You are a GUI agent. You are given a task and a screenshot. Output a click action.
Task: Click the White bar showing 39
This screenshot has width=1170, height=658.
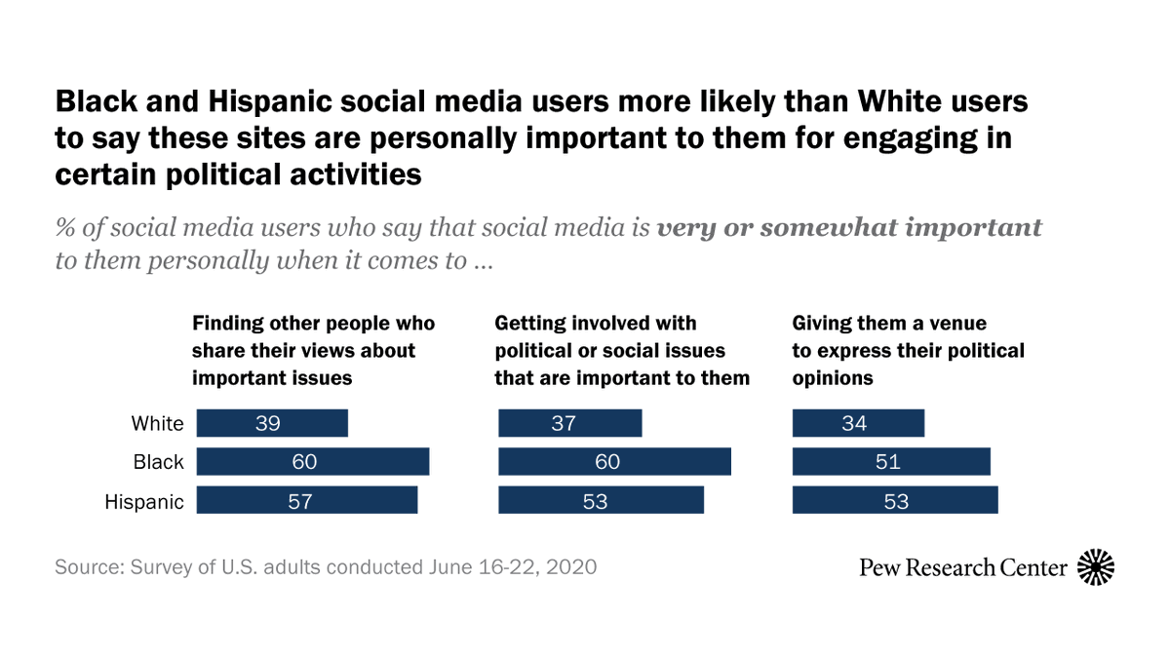pos(272,423)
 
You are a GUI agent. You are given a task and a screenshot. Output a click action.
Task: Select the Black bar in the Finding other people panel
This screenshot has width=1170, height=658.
pos(313,462)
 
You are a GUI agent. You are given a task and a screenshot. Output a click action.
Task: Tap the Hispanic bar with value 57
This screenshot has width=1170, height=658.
pos(307,501)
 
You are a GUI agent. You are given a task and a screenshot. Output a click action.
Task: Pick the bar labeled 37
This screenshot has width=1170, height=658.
pos(570,423)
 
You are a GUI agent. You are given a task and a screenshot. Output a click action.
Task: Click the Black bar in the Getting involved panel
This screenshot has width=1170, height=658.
pos(614,462)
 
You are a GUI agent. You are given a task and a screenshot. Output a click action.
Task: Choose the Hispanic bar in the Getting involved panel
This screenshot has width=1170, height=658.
pos(601,501)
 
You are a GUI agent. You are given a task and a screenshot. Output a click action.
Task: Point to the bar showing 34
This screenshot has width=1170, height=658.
pos(858,423)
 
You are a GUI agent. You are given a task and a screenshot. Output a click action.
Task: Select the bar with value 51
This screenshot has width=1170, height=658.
pos(891,462)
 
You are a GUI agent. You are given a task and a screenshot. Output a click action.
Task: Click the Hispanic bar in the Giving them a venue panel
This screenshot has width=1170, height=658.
pos(895,501)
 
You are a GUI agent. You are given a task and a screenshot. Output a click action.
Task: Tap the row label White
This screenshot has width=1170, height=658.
pos(157,424)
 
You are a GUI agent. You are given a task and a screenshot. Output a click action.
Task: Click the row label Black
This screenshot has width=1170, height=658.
pos(158,463)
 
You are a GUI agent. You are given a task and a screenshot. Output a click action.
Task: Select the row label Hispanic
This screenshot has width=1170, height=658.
pos(144,502)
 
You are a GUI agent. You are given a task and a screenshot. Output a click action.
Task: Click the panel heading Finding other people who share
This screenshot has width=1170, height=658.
pos(313,350)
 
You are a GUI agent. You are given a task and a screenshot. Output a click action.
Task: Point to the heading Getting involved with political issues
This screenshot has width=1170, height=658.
pos(622,350)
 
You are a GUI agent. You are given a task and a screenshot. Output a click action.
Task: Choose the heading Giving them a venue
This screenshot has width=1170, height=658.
pos(908,350)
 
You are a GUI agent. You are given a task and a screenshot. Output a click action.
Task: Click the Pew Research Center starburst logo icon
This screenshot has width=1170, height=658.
pos(1096,566)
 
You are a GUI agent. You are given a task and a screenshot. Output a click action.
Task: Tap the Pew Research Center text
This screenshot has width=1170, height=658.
pos(963,566)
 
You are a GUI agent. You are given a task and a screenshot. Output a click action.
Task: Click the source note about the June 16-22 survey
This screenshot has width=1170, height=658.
pos(326,566)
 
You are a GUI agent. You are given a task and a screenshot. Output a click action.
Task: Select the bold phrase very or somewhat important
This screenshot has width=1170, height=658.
pos(849,228)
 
